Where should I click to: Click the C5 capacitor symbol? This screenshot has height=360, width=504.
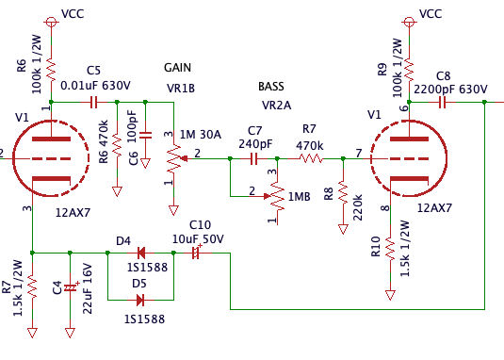(92, 101)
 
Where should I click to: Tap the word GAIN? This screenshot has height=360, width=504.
(179, 69)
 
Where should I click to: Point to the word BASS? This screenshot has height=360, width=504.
(271, 87)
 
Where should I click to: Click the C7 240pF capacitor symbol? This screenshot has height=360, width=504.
(253, 159)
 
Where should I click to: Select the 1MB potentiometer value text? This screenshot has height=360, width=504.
(299, 196)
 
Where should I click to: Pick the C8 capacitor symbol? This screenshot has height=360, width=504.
(442, 101)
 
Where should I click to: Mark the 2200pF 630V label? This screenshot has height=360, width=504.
(450, 89)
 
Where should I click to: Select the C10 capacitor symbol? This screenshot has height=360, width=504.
(197, 253)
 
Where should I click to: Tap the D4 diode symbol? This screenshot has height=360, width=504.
(140, 253)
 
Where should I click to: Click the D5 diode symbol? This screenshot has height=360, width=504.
(140, 301)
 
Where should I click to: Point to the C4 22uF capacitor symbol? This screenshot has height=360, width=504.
(69, 286)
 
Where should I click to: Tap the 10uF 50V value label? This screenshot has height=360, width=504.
(198, 239)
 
